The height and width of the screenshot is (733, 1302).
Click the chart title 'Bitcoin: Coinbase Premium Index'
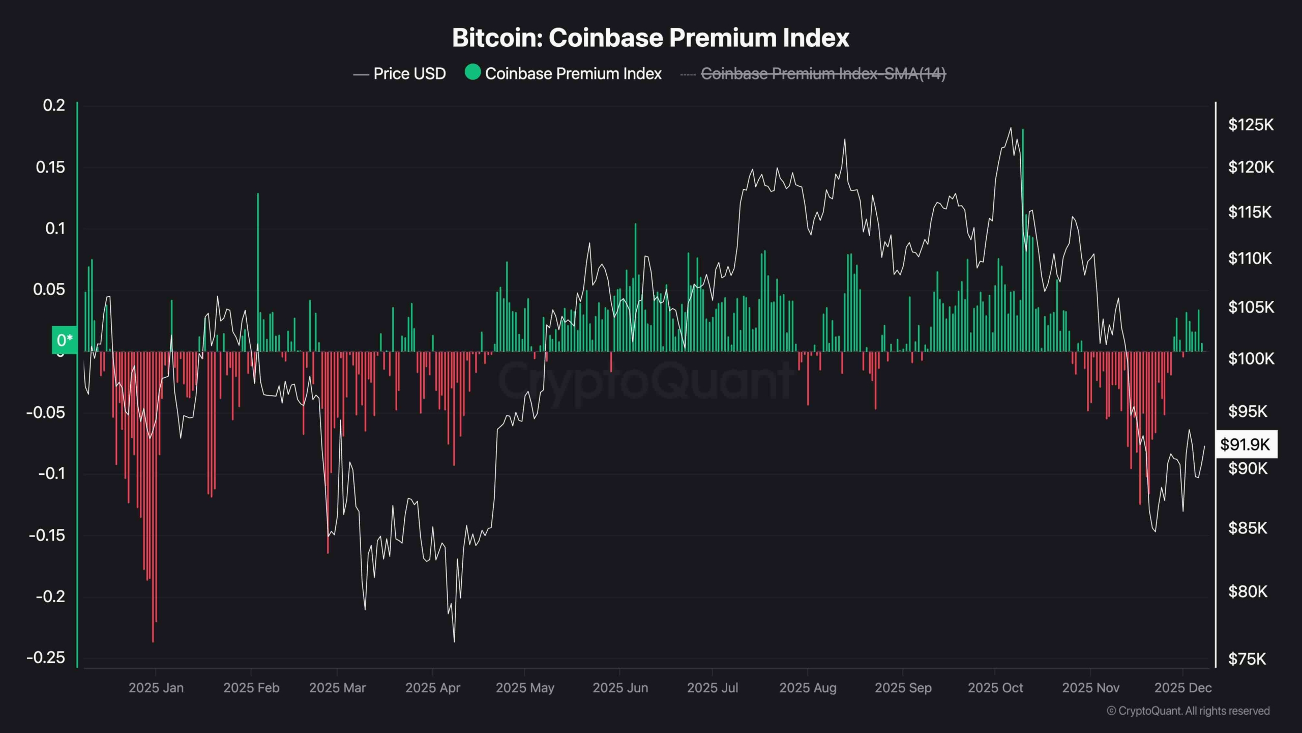(650, 38)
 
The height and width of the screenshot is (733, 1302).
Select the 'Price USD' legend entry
(400, 74)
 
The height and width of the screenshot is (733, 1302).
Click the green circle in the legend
(472, 72)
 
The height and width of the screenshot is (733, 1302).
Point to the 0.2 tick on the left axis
(54, 105)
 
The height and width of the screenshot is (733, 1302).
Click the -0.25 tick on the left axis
(46, 657)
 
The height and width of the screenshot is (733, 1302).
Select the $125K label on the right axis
(1251, 125)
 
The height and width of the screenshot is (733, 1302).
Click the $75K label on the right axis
(1247, 659)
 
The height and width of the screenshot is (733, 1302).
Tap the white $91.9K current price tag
(1246, 444)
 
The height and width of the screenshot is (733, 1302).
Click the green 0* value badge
(65, 340)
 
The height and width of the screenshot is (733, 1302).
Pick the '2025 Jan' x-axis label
(156, 688)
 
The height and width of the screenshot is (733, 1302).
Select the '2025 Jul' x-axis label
(712, 688)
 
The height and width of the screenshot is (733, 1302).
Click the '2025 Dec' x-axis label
(1182, 688)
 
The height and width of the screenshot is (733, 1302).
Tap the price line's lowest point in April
(454, 641)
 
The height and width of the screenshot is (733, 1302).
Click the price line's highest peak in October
(1011, 128)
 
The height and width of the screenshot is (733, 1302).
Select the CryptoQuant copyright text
(1188, 711)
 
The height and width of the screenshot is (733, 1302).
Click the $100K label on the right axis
(1251, 359)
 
